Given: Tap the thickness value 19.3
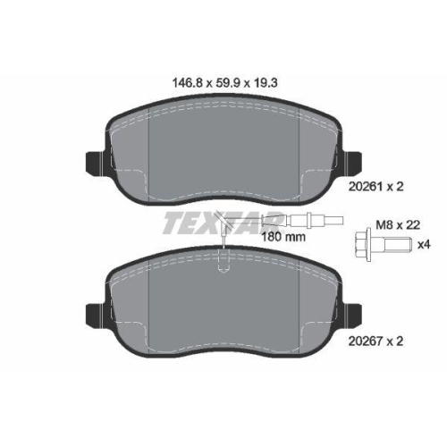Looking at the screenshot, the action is (265, 83).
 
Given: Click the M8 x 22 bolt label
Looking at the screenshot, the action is (398, 225).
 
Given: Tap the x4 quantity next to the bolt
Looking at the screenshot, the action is (424, 245).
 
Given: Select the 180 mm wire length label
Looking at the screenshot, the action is (283, 237).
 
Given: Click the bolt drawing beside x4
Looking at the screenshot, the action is (383, 245).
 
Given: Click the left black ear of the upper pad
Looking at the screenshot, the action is (96, 163).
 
